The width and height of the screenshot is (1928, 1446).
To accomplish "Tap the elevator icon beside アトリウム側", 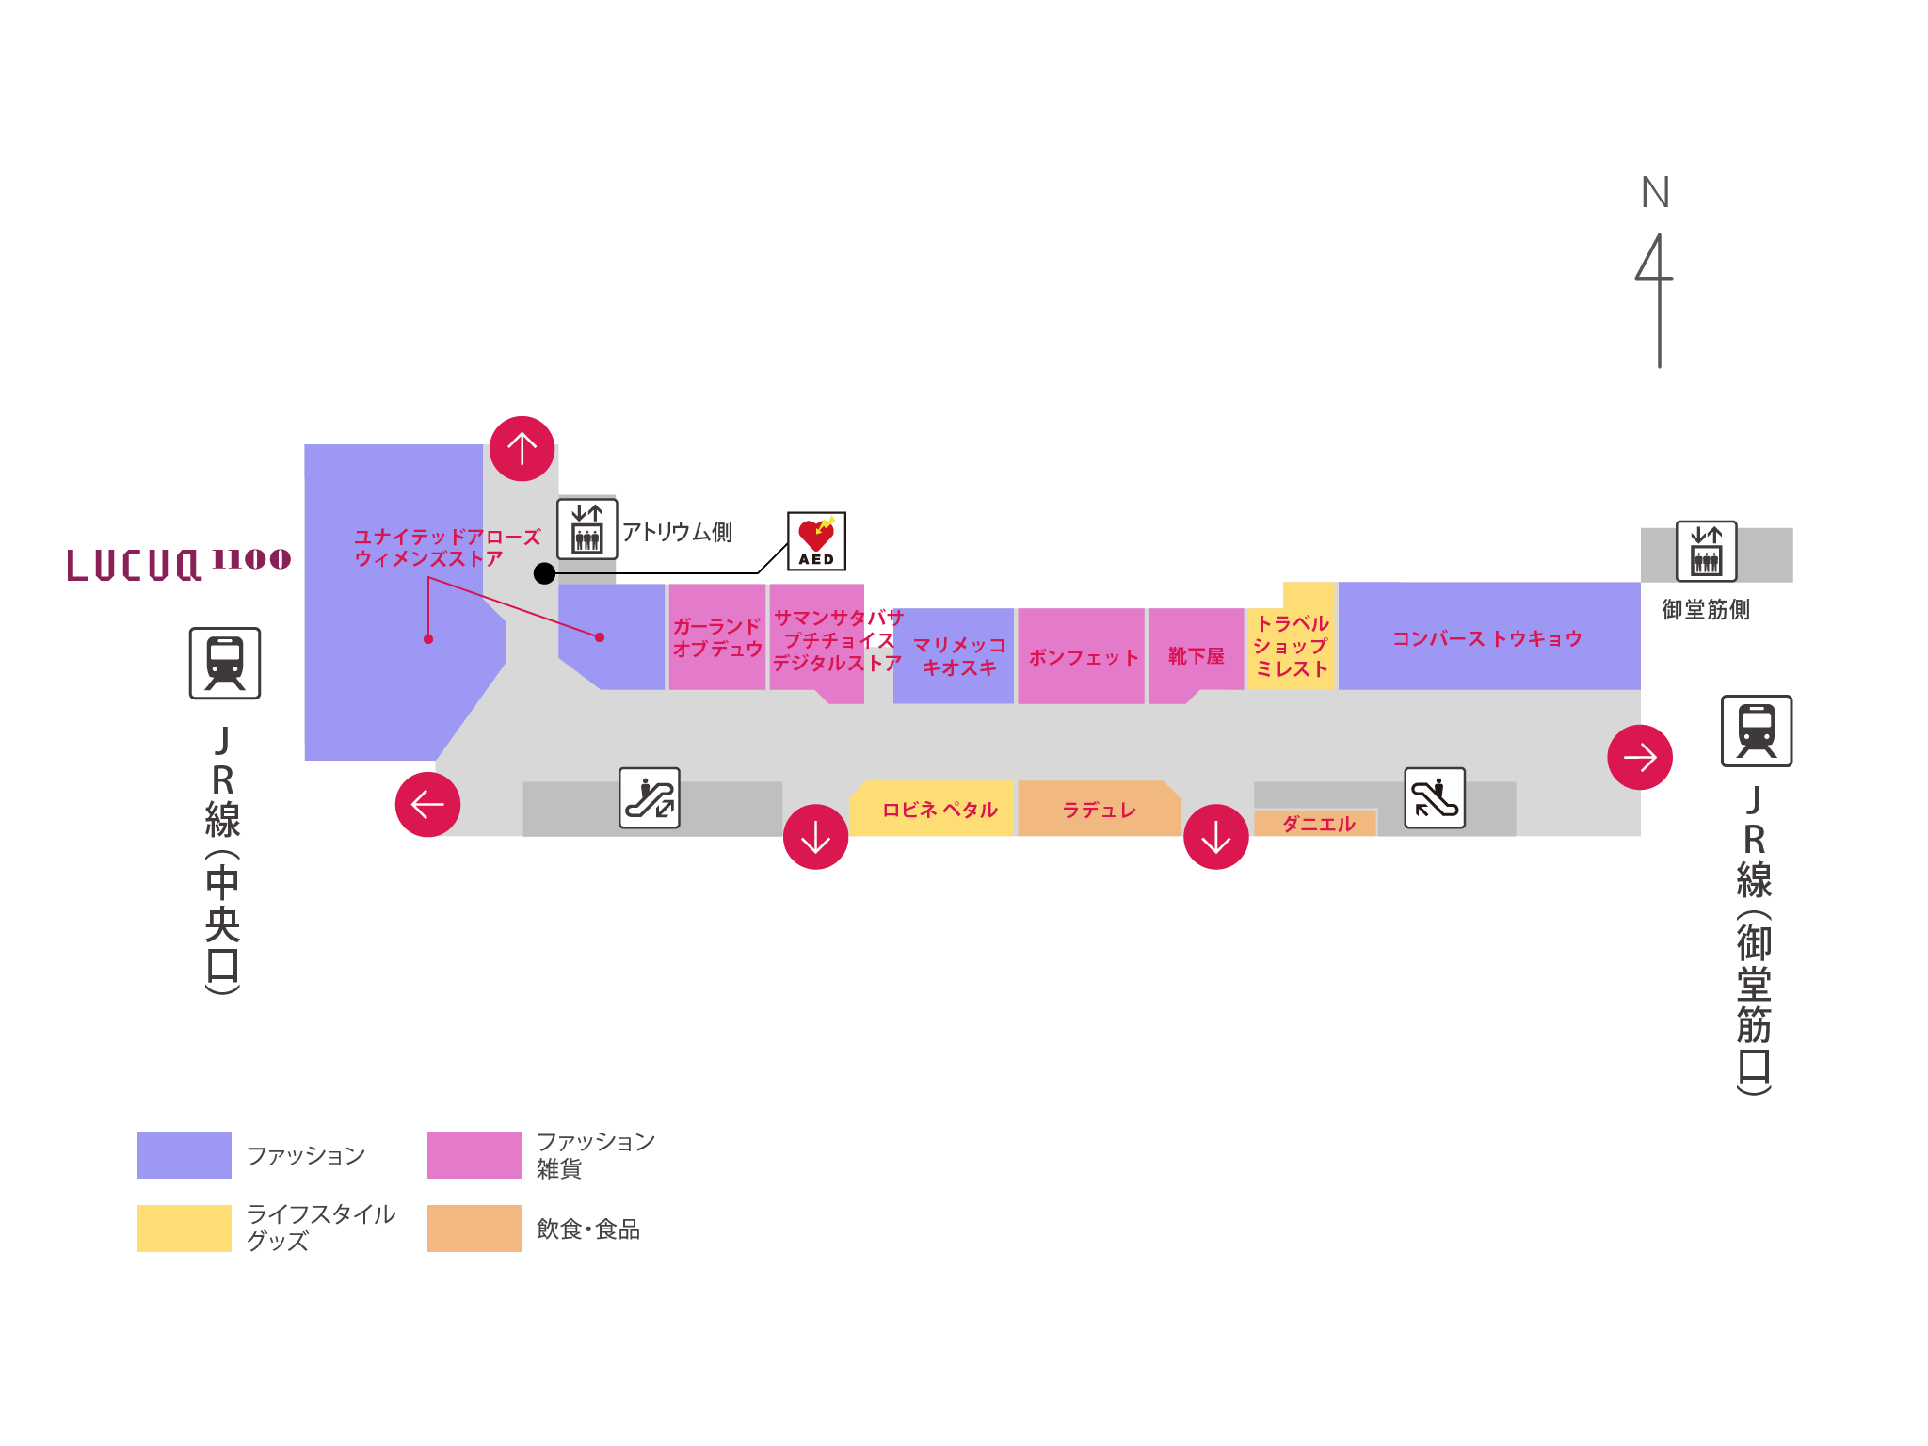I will coord(586,530).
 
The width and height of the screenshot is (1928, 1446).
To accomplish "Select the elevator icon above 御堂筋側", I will coord(1706,552).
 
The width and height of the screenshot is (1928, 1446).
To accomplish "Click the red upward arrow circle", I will coord(522,448).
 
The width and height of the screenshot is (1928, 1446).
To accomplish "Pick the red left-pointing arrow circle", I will coord(427,804).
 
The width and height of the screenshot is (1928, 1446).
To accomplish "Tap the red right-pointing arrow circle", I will coord(1639,757).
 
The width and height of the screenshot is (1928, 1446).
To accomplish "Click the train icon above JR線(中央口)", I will coord(225,663).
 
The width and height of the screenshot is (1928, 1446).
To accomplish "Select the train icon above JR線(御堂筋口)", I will coord(1756,731).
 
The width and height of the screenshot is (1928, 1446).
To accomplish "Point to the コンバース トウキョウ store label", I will coord(1487,638).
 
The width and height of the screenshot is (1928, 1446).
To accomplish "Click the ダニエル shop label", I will coord(1318,824).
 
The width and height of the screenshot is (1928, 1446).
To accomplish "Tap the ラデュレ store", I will coord(1099,810).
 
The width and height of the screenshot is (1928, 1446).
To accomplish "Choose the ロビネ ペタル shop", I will coord(940,810).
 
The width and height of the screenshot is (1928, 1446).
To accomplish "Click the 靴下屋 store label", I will coord(1196,656).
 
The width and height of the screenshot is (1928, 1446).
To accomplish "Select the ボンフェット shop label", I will coord(1083,657).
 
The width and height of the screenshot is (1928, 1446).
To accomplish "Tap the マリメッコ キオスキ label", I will coord(958,656).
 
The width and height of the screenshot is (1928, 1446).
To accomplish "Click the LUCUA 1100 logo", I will coord(179,563).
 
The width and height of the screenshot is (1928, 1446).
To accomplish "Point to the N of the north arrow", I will coord(1655,193).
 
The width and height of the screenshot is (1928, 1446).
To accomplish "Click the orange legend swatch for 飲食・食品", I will coord(474,1228).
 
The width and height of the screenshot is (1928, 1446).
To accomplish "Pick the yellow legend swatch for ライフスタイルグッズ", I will coord(184,1228).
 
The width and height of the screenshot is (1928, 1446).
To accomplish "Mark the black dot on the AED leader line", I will coord(544,573).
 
